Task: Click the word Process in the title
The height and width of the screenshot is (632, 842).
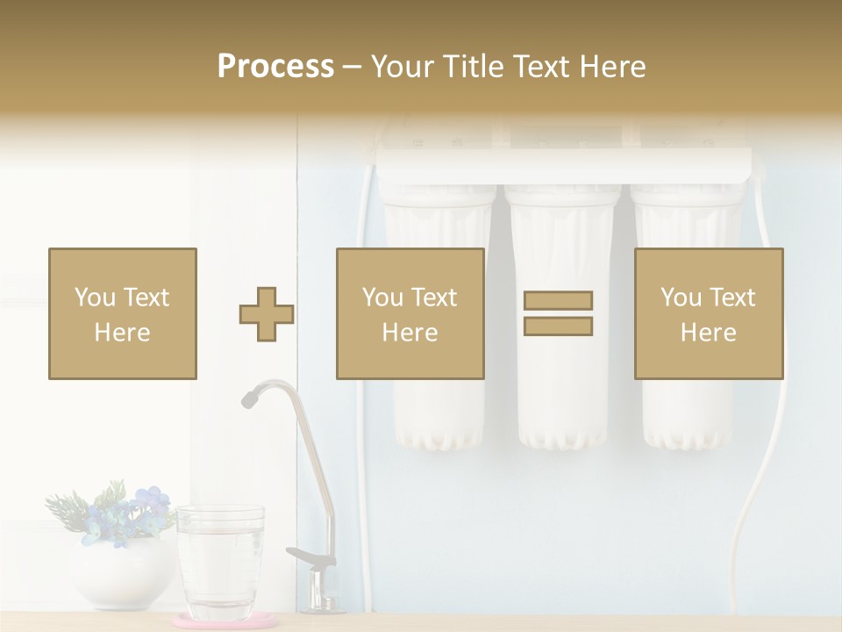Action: pos(275,67)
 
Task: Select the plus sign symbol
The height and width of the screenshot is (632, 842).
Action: pos(267,314)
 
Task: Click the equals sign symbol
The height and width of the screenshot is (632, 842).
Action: pos(558,313)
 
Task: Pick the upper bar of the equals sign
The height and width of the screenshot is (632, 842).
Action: pos(558,301)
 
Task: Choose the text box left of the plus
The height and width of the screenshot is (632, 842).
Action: pos(123,313)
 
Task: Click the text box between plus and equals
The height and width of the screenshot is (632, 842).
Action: pos(410,313)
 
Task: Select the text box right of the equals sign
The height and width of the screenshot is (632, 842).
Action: pos(708,313)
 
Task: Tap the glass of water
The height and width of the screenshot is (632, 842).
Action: pos(220,562)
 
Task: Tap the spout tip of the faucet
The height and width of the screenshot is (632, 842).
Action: pos(249,399)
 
